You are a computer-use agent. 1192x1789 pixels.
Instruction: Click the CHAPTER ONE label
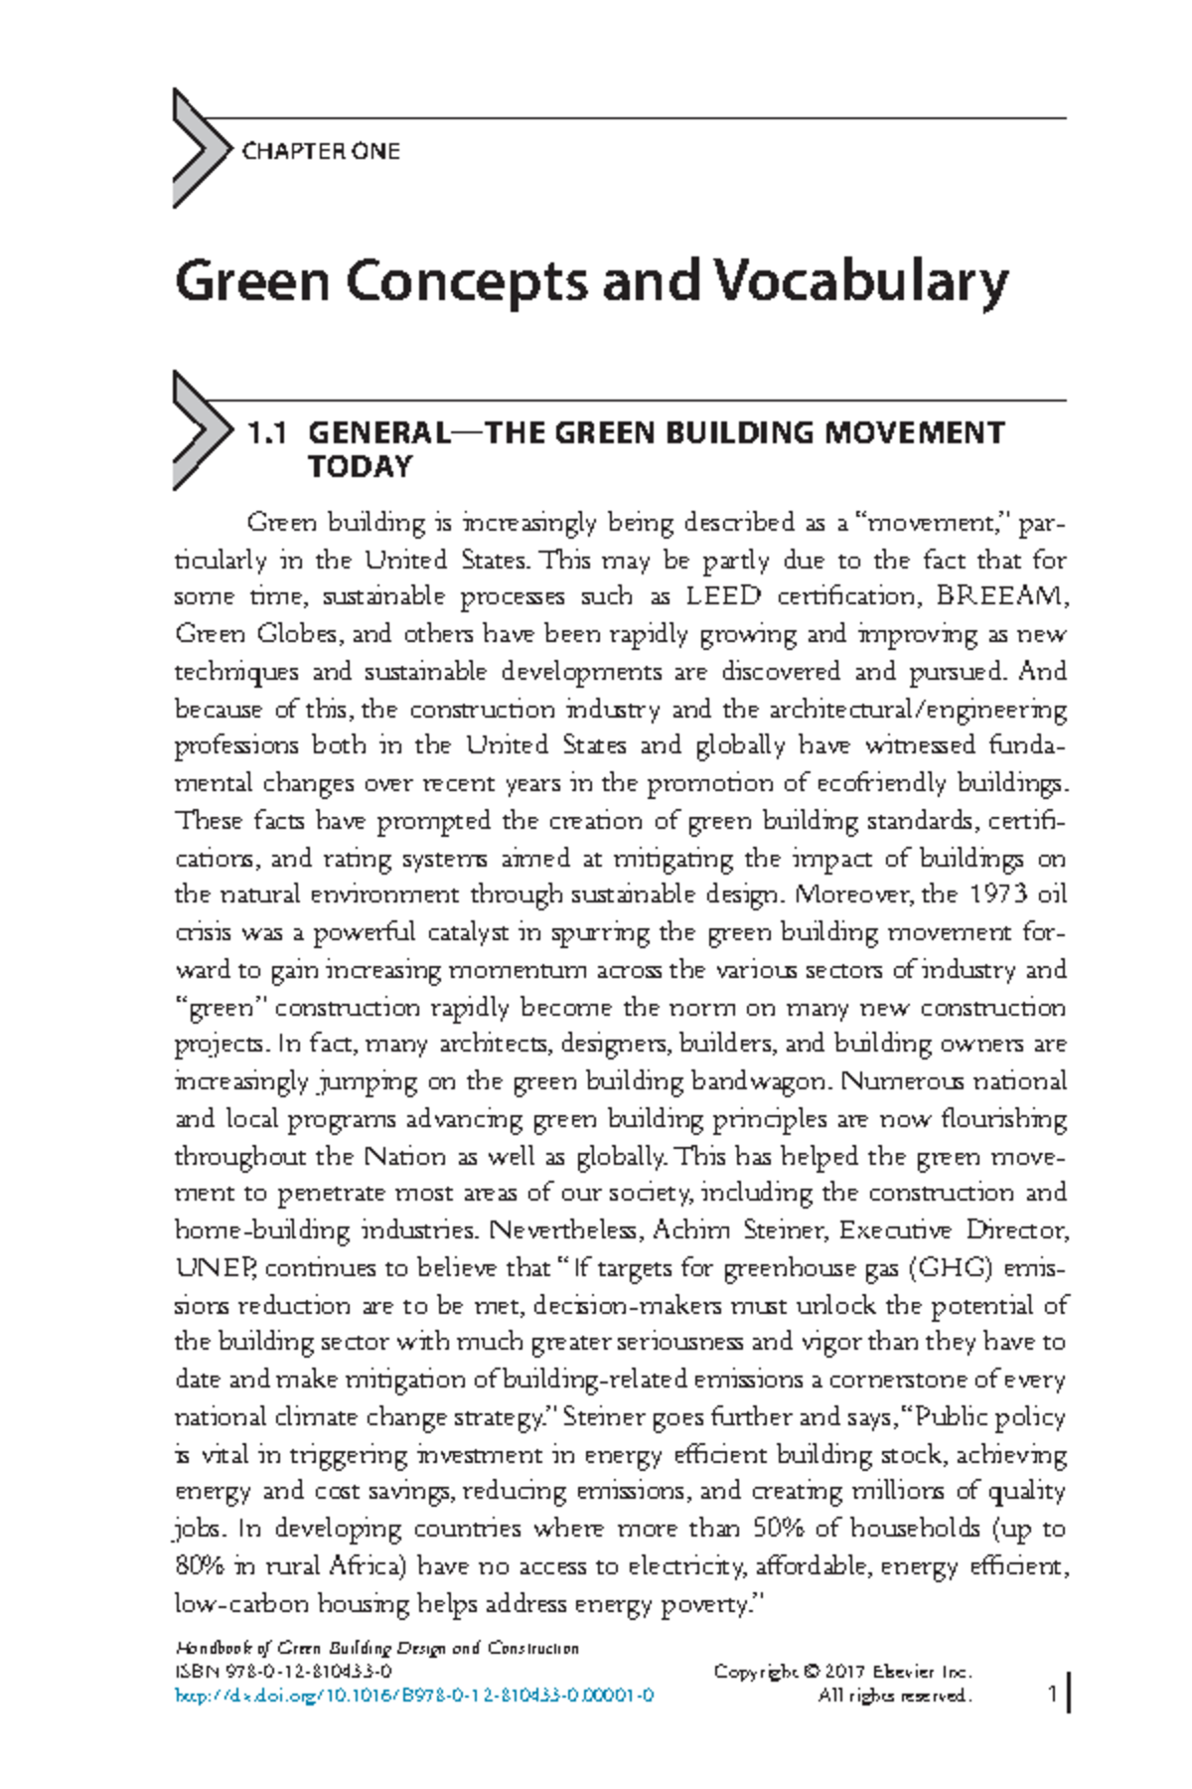[x=320, y=151]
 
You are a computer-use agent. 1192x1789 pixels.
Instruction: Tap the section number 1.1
[x=267, y=433]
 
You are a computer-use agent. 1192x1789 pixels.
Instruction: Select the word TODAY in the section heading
[x=360, y=467]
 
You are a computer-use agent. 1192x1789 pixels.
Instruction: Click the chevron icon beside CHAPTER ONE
[x=198, y=148]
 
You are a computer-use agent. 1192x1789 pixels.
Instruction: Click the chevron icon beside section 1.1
[x=198, y=430]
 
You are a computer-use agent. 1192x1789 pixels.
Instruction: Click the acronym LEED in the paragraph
[x=723, y=596]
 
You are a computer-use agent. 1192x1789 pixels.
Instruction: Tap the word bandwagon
[x=763, y=1081]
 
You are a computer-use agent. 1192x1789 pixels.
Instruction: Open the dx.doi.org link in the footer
[x=414, y=1697]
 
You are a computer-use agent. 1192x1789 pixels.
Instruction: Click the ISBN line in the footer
[x=282, y=1672]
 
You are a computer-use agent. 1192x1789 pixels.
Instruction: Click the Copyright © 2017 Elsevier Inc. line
[x=841, y=1672]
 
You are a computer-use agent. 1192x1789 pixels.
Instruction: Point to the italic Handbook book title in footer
[x=375, y=1648]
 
